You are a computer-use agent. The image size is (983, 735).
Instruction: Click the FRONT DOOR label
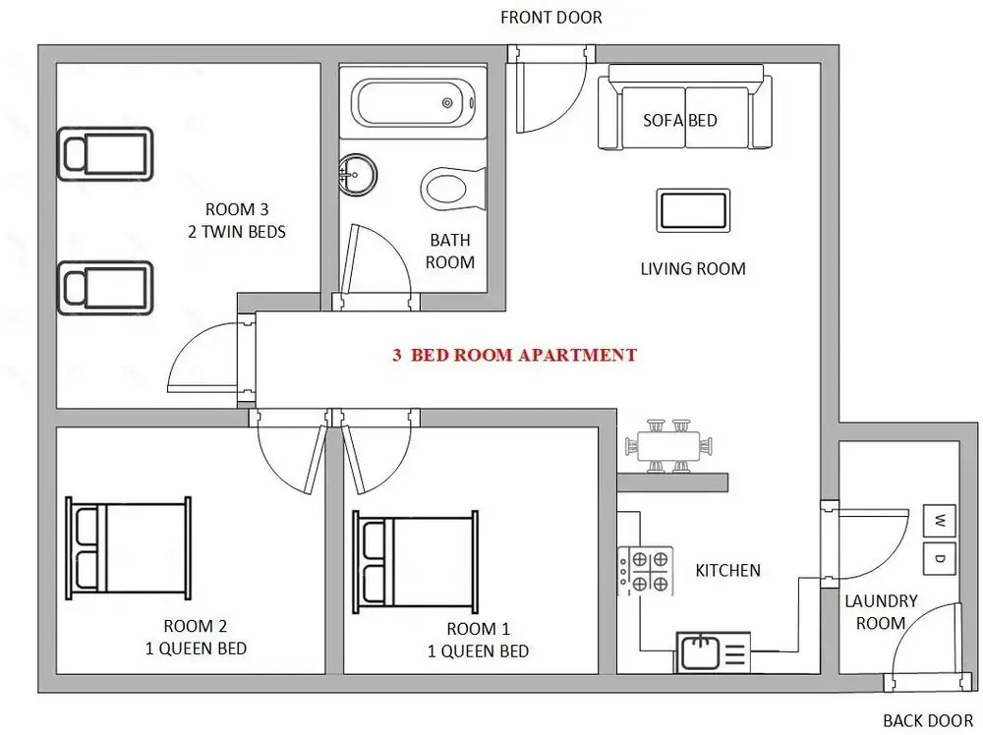point(551,18)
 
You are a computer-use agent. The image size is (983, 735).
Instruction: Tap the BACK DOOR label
point(928,720)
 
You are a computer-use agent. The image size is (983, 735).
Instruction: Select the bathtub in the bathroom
point(413,103)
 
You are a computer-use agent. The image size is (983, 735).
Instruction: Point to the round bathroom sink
point(358,175)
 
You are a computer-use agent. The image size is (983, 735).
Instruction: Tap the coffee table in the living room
point(693,210)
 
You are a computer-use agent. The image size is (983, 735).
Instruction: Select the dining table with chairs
point(668,445)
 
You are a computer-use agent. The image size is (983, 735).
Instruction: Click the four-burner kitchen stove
point(645,570)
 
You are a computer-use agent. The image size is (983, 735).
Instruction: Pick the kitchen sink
point(713,652)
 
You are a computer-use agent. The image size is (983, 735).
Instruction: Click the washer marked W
point(939,521)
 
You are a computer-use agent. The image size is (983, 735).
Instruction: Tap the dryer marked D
point(939,558)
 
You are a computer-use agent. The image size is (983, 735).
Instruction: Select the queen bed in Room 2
point(129,548)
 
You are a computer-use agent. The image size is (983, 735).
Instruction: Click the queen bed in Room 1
point(415,562)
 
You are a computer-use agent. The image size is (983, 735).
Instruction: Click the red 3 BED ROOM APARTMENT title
point(514,356)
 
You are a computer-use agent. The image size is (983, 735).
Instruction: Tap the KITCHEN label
point(727,570)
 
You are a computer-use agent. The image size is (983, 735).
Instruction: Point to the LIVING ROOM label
point(693,269)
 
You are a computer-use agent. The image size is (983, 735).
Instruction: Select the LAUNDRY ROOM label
point(881,612)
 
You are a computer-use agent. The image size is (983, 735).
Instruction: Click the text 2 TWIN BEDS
point(236,232)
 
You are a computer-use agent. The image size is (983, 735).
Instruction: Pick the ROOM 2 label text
point(195,626)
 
